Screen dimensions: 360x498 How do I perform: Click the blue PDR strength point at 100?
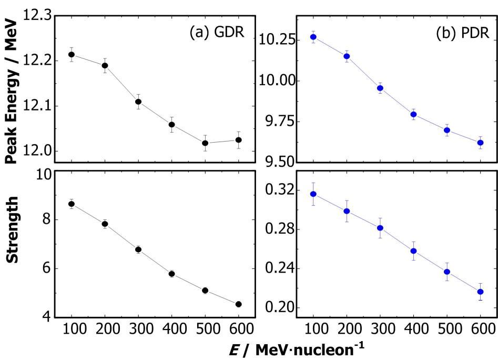point(313,194)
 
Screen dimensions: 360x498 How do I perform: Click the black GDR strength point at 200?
point(105,224)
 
